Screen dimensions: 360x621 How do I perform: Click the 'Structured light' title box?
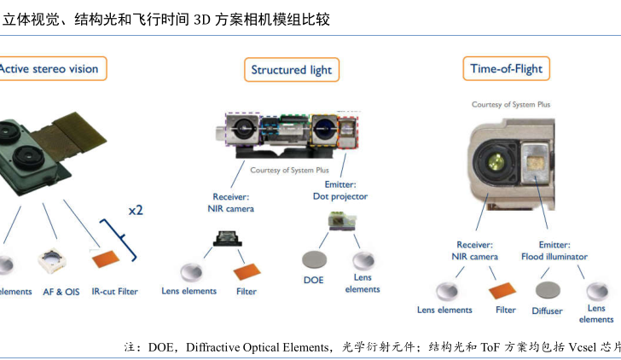291,70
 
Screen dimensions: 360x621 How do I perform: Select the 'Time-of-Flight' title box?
506,68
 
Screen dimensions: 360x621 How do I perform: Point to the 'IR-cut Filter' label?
114,292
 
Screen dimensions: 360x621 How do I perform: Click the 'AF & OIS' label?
61,292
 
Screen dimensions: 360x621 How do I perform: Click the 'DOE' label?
313,280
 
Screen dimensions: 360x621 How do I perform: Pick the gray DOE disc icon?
314,258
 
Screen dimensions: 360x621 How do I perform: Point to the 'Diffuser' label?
547,311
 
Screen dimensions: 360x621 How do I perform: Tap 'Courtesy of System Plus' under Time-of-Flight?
511,104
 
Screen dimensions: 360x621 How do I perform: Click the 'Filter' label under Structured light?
246,292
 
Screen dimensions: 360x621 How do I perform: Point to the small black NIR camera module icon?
226,240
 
